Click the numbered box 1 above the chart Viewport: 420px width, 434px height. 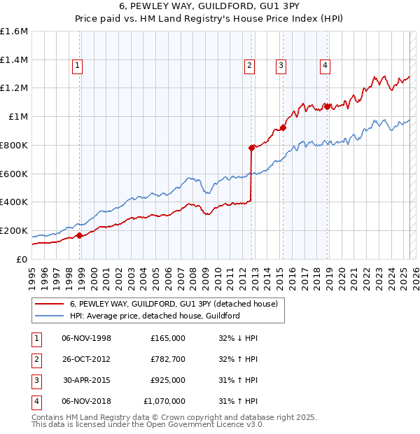click(x=77, y=66)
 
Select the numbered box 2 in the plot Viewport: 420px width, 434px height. click(x=249, y=66)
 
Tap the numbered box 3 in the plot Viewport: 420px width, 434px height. click(x=281, y=66)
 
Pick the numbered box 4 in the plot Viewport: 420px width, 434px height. click(x=325, y=66)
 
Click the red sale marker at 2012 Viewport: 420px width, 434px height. click(x=251, y=148)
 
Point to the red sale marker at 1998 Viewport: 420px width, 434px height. click(x=79, y=235)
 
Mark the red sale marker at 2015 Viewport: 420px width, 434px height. click(x=283, y=127)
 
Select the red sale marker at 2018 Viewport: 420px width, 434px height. click(x=327, y=107)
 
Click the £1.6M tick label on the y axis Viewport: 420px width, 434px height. click(x=14, y=31)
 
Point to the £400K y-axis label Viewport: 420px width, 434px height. click(x=14, y=202)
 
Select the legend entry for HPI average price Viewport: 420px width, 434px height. click(x=155, y=316)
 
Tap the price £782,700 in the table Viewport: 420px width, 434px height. click(x=168, y=360)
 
